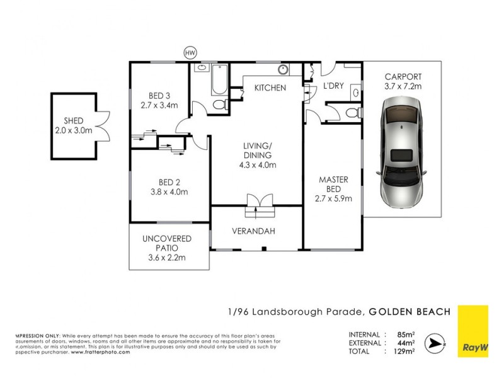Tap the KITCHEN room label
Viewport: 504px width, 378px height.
pos(270,88)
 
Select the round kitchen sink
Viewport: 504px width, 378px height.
pos(283,69)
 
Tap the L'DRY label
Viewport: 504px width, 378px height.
pos(333,86)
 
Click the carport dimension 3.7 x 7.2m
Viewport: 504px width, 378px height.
pos(403,86)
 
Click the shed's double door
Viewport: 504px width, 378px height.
pos(101,126)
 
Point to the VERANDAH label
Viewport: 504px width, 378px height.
pos(257,231)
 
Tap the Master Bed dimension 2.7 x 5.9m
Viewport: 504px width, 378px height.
pos(333,198)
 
